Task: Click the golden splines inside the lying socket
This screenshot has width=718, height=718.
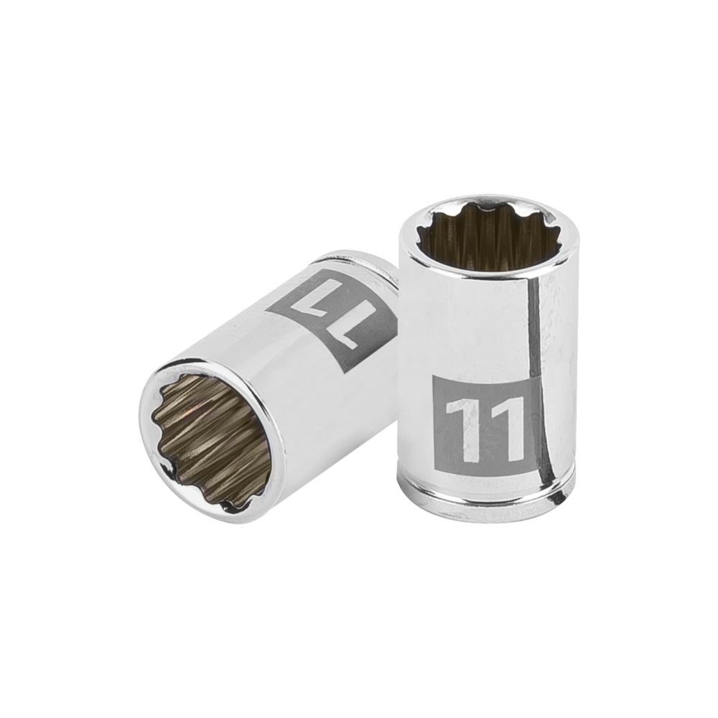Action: (208, 431)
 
